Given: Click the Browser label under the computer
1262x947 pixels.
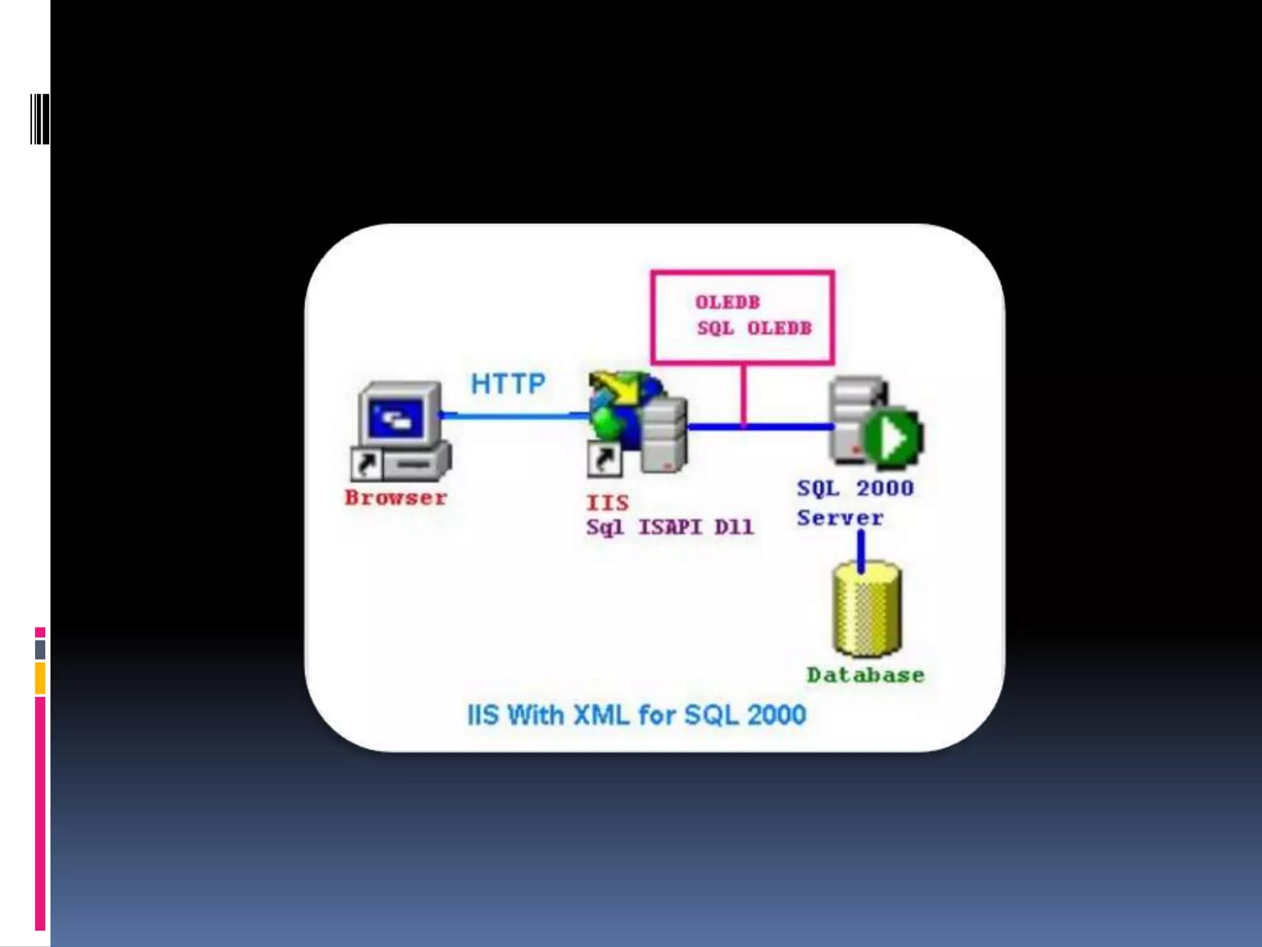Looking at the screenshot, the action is pyautogui.click(x=396, y=498).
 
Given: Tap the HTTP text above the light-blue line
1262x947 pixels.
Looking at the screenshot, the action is pyautogui.click(x=508, y=384).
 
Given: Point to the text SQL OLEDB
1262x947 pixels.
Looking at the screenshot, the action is pyautogui.click(x=754, y=328).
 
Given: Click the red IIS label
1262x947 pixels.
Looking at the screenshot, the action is pyautogui.click(x=608, y=502).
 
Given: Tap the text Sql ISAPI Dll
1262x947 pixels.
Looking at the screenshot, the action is pyautogui.click(x=670, y=528).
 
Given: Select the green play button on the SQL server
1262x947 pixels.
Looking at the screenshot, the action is pyautogui.click(x=893, y=438).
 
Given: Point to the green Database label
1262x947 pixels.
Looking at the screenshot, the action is pyautogui.click(x=866, y=675).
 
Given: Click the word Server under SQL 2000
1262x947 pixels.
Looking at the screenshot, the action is pyautogui.click(x=840, y=518).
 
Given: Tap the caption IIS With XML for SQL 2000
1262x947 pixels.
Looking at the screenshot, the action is pyautogui.click(x=637, y=715).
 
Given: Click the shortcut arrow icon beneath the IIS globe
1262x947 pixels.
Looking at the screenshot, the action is pyautogui.click(x=603, y=459).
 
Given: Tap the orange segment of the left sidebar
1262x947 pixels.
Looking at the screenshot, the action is pyautogui.click(x=40, y=678).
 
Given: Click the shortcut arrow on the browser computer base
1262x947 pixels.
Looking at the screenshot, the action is pyautogui.click(x=366, y=464).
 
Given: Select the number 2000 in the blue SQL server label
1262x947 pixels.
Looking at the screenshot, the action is pyautogui.click(x=885, y=488).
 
